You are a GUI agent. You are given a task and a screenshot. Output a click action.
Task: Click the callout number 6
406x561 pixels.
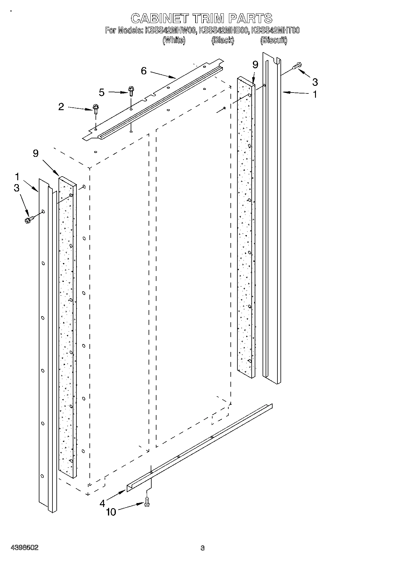pos(144,71)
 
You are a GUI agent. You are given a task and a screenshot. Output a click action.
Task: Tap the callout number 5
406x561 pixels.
pos(102,92)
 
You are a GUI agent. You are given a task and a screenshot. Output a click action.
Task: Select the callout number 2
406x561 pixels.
pos(61,107)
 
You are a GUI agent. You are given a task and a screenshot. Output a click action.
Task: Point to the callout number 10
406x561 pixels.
pos(111,512)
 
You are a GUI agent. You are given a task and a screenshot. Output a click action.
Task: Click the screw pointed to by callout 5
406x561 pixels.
pos(131,91)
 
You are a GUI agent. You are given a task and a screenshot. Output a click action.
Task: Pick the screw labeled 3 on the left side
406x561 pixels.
pos(29,219)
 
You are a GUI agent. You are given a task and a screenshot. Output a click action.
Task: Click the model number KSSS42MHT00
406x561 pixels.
pos(276,30)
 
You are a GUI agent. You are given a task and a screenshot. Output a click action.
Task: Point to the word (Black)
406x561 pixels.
pos(223,40)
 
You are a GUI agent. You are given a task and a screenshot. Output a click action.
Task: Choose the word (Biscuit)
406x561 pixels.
pos(274,40)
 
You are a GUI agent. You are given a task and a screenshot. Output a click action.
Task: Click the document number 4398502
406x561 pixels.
pos(25,548)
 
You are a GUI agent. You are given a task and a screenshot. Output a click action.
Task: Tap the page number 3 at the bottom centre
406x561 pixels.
pos(203,548)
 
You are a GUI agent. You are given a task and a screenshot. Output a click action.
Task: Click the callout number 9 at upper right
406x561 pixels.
pos(255,65)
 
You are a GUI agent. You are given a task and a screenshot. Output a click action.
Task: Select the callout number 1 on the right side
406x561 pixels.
pos(315,94)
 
